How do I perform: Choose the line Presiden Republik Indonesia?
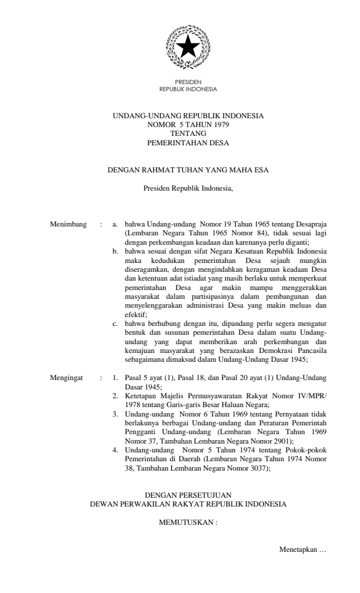pyautogui.click(x=188, y=189)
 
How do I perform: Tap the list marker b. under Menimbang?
pyautogui.click(x=115, y=251)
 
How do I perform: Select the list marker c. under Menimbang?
pyautogui.click(x=115, y=323)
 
